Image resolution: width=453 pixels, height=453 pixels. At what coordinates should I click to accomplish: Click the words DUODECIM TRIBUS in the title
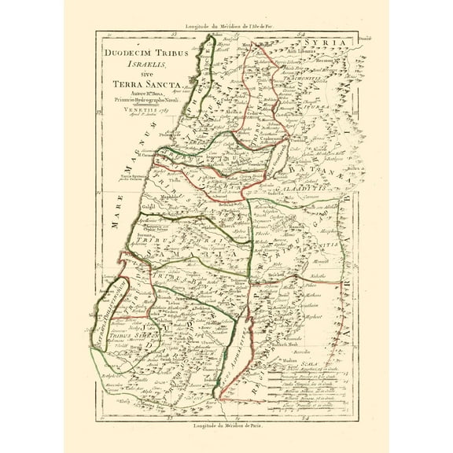click(x=136, y=52)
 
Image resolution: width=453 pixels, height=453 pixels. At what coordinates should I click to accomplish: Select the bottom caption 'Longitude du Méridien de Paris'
click(x=226, y=427)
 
